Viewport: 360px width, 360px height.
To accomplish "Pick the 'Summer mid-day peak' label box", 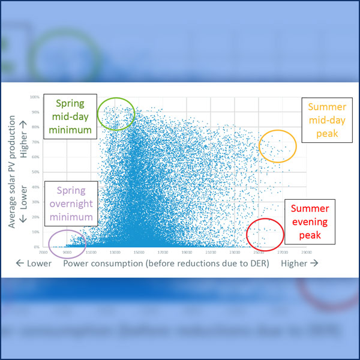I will tap(326, 120).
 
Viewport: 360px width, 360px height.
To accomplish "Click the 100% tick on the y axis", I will tap(35, 97).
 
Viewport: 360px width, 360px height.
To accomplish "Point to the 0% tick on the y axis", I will tap(36, 247).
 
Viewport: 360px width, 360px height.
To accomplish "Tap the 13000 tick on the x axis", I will tap(115, 253).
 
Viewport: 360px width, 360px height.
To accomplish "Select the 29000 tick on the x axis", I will tap(307, 253).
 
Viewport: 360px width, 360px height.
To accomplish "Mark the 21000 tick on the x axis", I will tap(211, 253).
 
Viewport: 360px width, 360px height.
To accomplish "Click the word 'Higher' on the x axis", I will tap(293, 263).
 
